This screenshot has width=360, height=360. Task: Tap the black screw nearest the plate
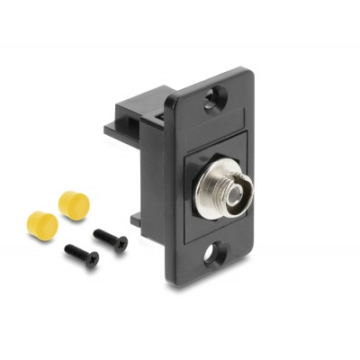click(111, 240)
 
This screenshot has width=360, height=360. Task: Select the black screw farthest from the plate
click(80, 256)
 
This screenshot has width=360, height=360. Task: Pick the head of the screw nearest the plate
click(120, 245)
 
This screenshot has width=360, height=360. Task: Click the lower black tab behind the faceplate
click(138, 220)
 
